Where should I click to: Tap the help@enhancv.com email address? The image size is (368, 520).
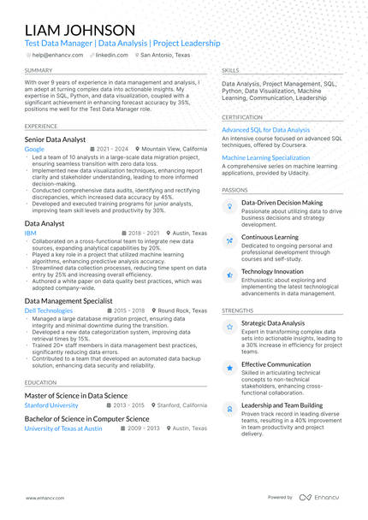[57, 55]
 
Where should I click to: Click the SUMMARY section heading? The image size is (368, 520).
[39, 70]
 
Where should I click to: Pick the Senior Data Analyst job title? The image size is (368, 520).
[55, 138]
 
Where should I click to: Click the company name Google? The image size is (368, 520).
[34, 149]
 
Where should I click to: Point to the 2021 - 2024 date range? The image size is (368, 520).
[110, 149]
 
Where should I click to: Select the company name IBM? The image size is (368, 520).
[30, 233]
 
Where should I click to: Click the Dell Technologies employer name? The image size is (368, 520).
[49, 310]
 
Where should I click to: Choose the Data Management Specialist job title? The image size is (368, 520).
[68, 301]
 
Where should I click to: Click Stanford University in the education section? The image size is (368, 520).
[51, 405]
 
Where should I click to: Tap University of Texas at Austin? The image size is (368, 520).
[63, 428]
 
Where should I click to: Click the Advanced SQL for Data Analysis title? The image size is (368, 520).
[265, 130]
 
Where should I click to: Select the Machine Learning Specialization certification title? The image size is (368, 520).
[265, 158]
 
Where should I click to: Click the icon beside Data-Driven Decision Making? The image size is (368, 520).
[229, 207]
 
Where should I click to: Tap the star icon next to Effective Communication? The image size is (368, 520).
[229, 368]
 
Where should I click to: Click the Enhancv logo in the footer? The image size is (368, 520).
[324, 497]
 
